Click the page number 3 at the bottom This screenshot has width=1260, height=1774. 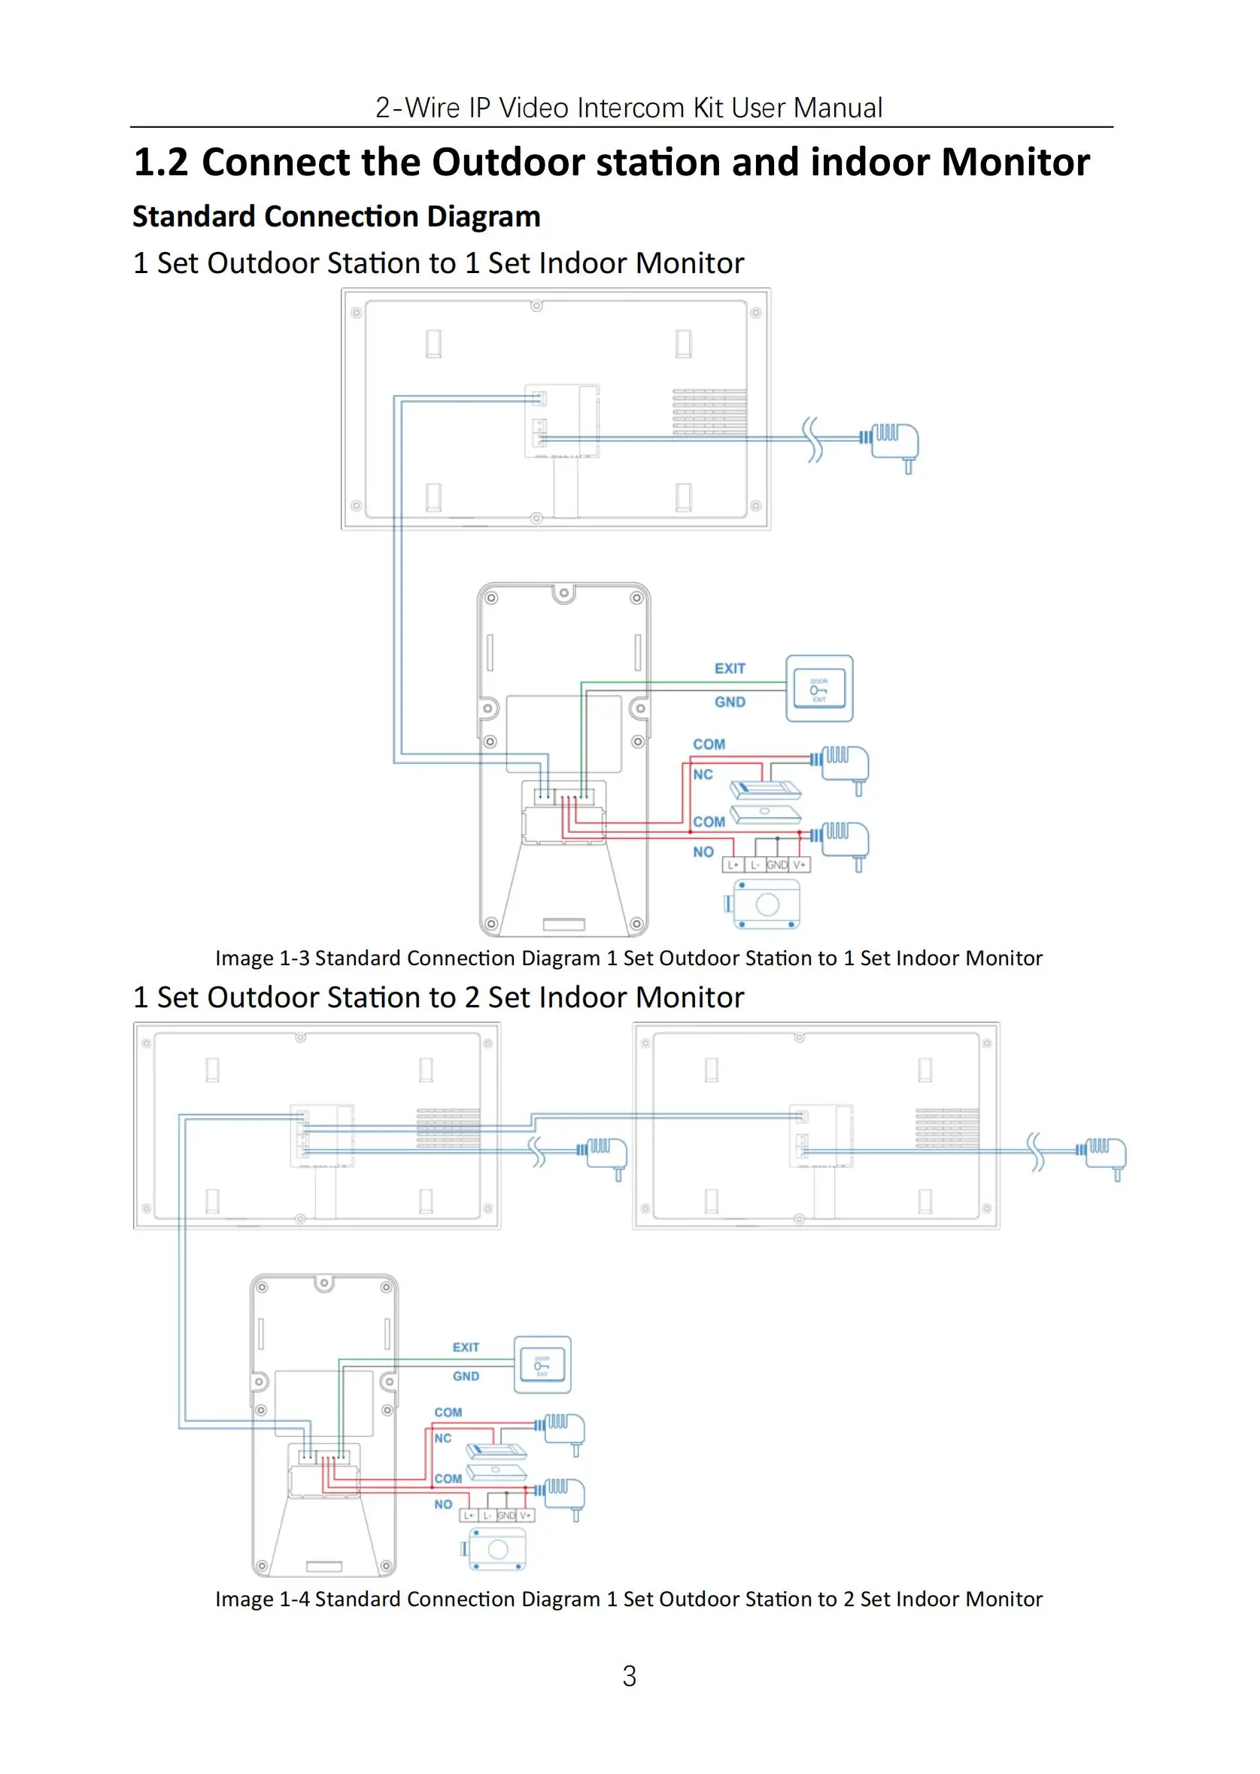click(x=629, y=1676)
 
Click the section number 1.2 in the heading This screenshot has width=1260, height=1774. click(x=161, y=163)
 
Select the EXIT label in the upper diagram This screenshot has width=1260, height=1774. click(x=730, y=668)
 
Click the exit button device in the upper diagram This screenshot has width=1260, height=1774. click(x=819, y=689)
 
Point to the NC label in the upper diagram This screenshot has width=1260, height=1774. click(x=703, y=774)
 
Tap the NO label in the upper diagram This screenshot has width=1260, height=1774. click(x=703, y=852)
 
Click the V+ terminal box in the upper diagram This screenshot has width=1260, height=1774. click(x=800, y=864)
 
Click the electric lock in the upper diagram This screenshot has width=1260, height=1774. click(x=767, y=904)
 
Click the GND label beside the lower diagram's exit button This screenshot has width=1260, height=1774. click(x=466, y=1376)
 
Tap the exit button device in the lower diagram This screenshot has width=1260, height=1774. click(x=542, y=1365)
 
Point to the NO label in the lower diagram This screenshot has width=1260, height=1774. click(x=443, y=1504)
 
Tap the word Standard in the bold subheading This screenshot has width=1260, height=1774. click(x=193, y=217)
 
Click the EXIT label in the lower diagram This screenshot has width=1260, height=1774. click(x=466, y=1347)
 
